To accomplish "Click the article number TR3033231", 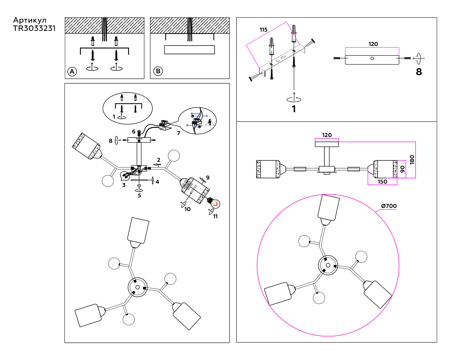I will (34, 28).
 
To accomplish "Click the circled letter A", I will (72, 72).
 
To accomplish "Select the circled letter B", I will (158, 71).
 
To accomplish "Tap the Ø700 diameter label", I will (389, 206).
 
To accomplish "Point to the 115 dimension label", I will (263, 30).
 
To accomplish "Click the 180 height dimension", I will (412, 160).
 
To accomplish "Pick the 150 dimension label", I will (382, 182).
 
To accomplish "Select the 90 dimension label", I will (402, 169).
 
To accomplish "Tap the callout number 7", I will (178, 133).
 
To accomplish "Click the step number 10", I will (187, 209).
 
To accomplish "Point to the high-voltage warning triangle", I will (210, 122).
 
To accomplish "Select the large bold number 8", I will (419, 72).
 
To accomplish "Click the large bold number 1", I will (294, 109).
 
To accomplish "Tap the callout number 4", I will (157, 182).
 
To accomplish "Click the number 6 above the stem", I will (134, 132).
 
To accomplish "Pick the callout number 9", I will (208, 178).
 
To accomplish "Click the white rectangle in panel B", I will (189, 50).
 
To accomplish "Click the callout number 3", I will (124, 185).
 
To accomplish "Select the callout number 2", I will (159, 160).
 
